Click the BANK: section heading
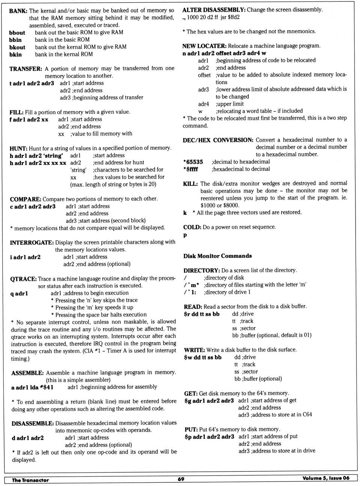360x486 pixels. pos(18,11)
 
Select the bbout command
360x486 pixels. pos(17,33)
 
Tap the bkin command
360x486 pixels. pos(15,55)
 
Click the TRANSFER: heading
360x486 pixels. pos(25,69)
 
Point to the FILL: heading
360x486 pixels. pos(16,112)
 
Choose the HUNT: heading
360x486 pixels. pos(18,148)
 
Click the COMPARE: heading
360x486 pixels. pos(25,199)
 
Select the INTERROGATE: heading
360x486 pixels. pos(32,242)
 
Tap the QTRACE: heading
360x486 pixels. pos(23,279)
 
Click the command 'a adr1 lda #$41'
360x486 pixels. pos(32,387)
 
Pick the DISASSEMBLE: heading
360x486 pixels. pos(33,423)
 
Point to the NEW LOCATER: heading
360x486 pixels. pos(204,46)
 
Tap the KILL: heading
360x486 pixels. pos(190,184)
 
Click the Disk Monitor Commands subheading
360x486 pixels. pos(217,256)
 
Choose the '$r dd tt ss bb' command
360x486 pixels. pos(202,314)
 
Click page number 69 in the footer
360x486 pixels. pos(181,479)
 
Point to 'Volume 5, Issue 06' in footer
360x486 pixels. pos(325,478)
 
